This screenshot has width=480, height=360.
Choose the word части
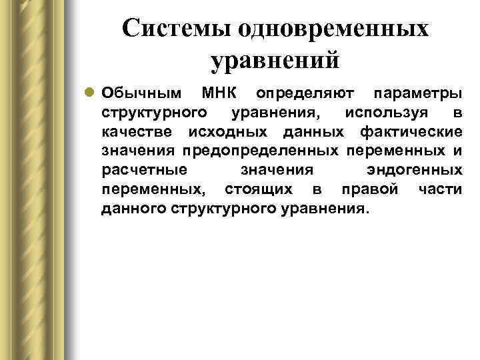click(440, 190)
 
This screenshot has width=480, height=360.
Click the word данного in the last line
click(134, 209)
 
